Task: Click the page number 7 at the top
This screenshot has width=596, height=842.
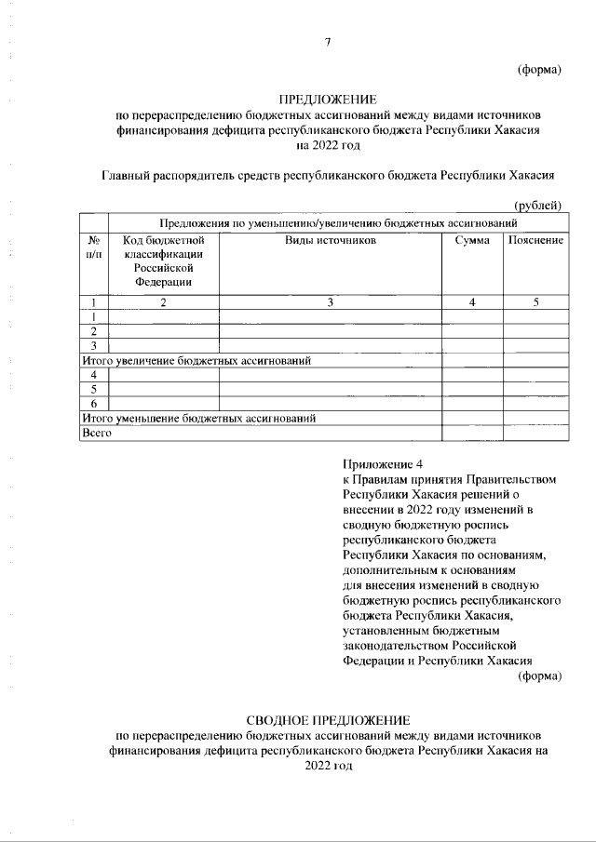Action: point(328,41)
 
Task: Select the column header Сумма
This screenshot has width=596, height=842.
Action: point(472,241)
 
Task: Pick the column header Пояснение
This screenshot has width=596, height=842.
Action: point(535,241)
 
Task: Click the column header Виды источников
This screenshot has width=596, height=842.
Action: point(330,241)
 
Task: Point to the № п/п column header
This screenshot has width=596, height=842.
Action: point(93,247)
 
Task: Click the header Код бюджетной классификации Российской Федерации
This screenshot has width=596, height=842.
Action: point(163,261)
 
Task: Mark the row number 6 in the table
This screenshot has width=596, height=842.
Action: point(94,403)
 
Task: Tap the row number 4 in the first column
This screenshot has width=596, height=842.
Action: point(94,374)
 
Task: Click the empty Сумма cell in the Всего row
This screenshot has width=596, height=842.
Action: point(472,433)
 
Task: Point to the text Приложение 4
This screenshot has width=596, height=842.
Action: point(383,464)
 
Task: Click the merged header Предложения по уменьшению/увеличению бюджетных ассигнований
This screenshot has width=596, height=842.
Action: point(337,223)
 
